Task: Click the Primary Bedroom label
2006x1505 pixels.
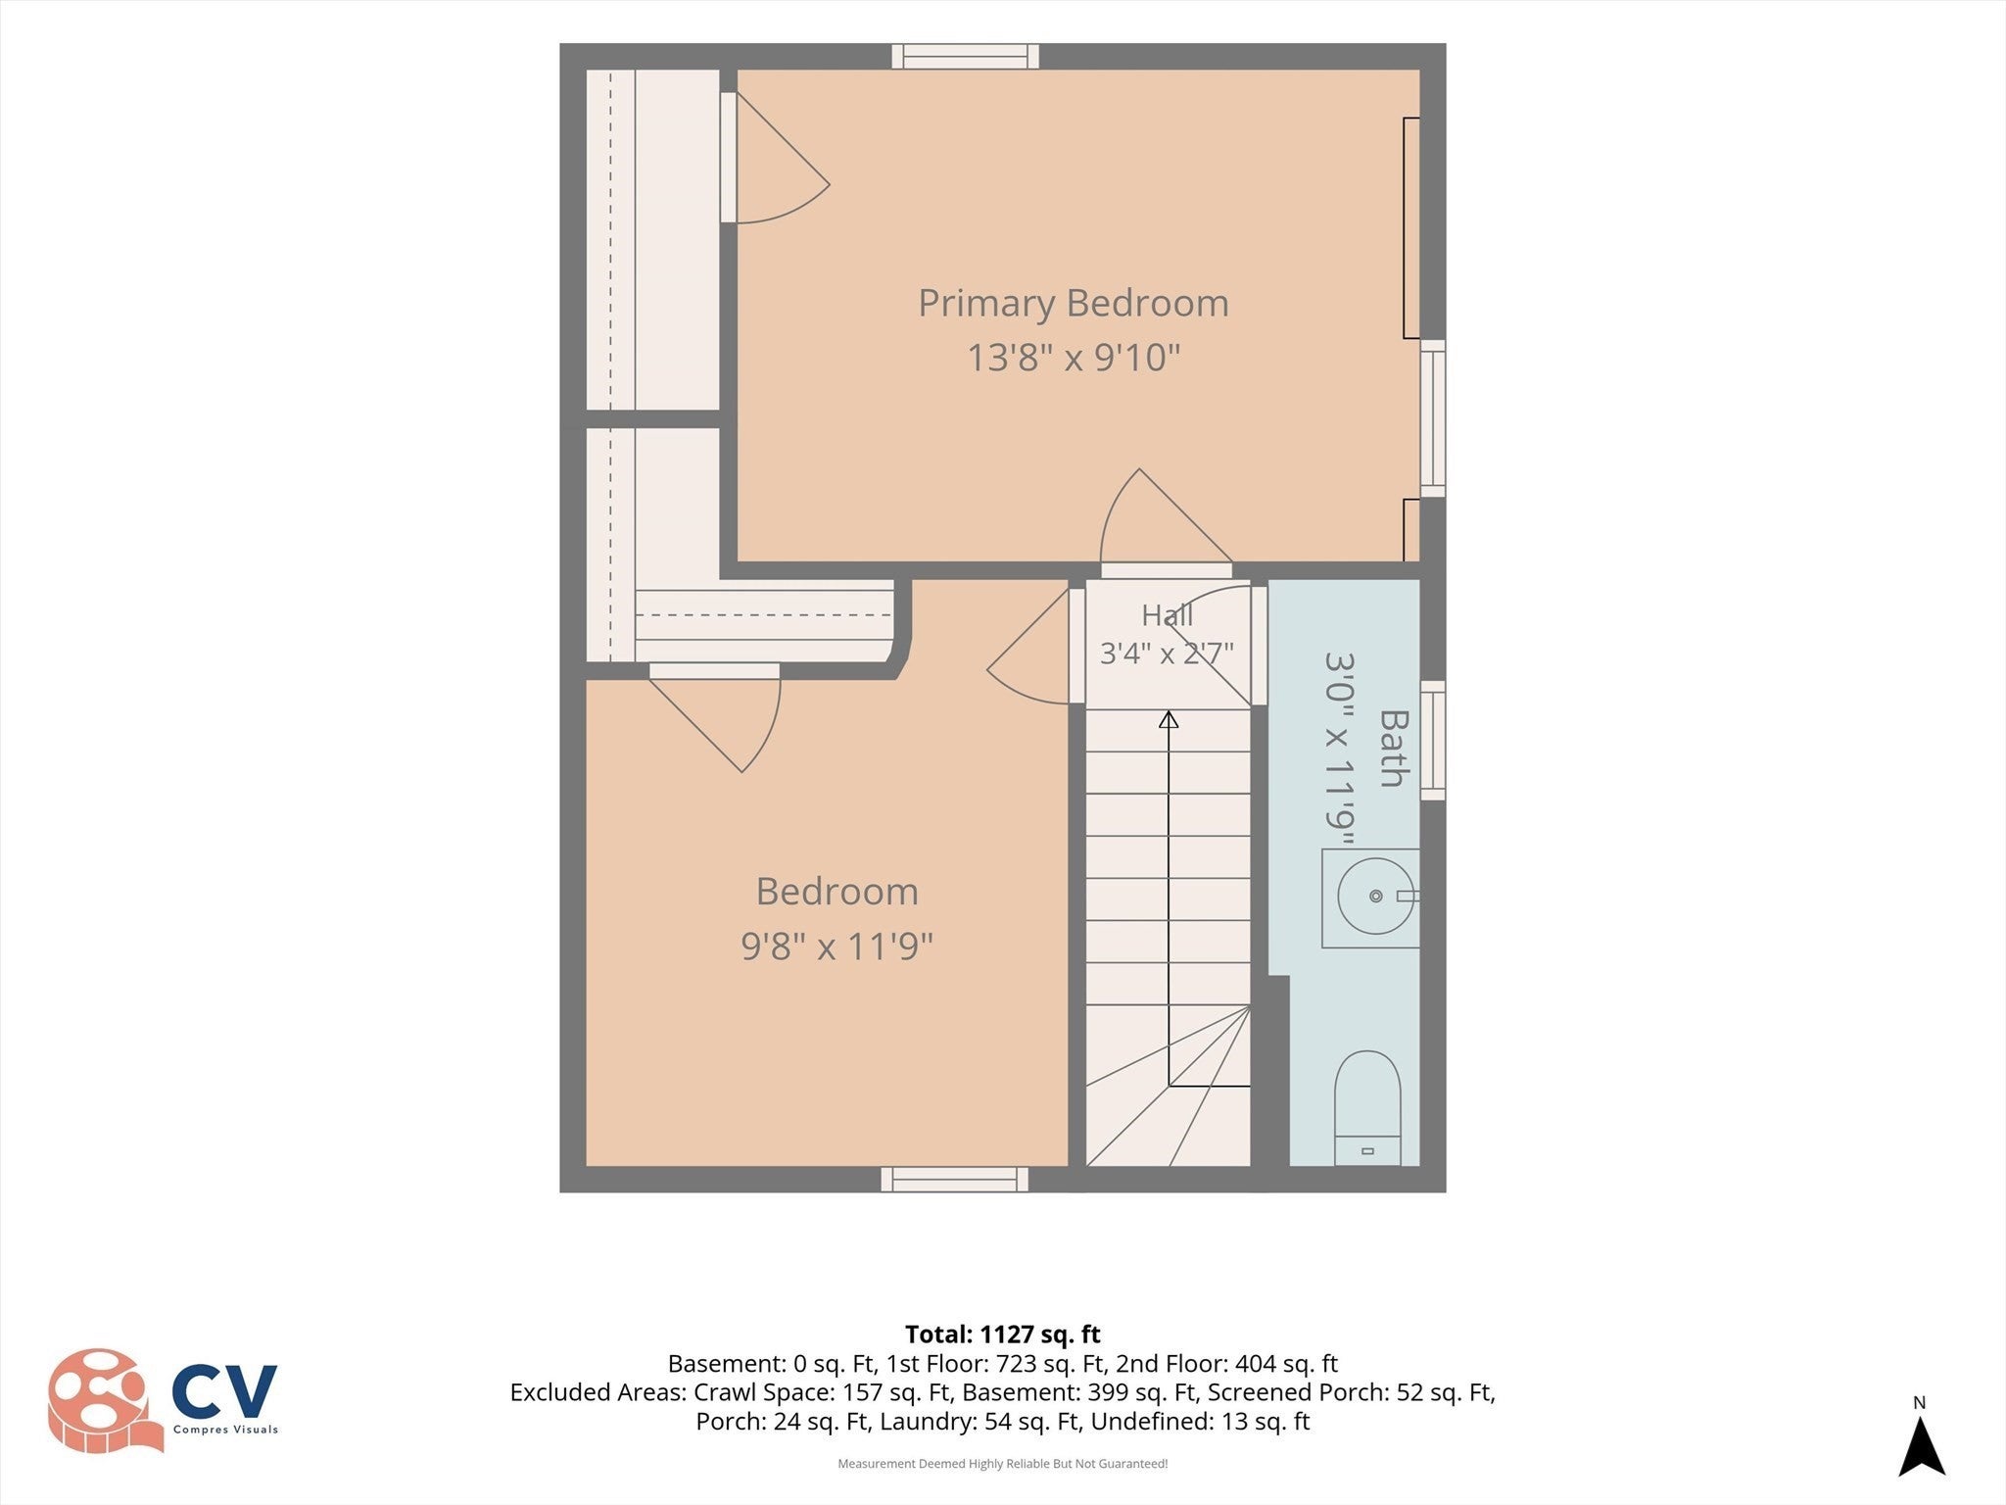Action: [x=1074, y=304]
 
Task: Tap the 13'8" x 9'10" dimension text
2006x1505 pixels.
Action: [x=1074, y=358]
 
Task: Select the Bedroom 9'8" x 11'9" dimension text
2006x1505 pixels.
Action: [x=837, y=947]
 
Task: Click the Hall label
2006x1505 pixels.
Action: [x=1168, y=615]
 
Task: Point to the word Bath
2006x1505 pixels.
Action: [x=1393, y=749]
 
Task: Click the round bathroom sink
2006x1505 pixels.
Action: [x=1375, y=896]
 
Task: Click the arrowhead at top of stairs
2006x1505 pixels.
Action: [x=1169, y=720]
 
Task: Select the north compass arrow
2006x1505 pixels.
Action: [x=1921, y=1444]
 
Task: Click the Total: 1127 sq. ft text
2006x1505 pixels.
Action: [x=1003, y=1335]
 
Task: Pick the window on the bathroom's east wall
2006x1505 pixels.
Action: [x=1433, y=741]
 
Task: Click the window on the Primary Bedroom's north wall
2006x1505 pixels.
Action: [x=965, y=56]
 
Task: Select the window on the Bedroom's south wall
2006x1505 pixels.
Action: [x=955, y=1180]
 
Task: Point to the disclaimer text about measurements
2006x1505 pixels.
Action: [x=1003, y=1464]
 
